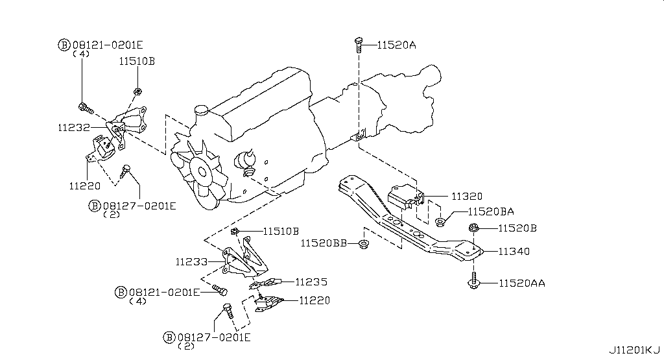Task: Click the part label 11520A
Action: (x=397, y=45)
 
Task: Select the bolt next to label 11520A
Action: (x=359, y=43)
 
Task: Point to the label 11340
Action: (x=514, y=252)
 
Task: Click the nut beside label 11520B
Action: (x=474, y=228)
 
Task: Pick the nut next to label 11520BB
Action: (x=363, y=244)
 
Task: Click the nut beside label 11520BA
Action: (x=440, y=222)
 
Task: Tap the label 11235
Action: (x=311, y=282)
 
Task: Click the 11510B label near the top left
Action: (x=136, y=62)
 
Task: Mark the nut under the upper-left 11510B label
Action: (x=137, y=90)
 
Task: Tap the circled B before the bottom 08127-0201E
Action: (x=170, y=337)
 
